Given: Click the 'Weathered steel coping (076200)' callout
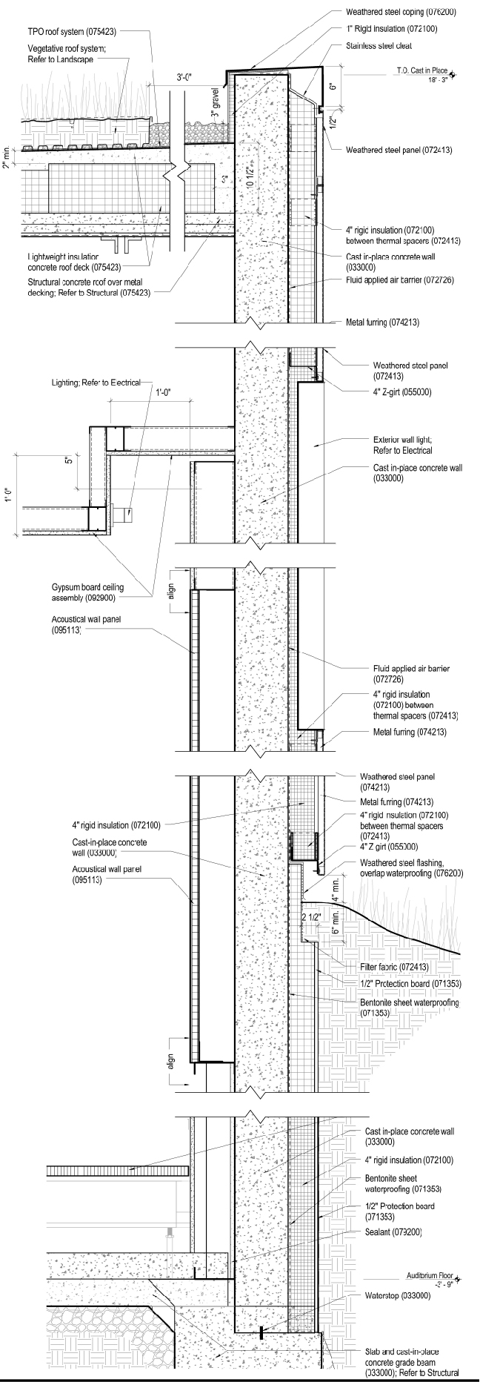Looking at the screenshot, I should tap(400, 12).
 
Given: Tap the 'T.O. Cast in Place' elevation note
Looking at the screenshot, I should tap(423, 71).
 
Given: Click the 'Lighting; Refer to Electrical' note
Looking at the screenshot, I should tap(95, 383).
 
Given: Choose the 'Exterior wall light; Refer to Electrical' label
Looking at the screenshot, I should tap(404, 445).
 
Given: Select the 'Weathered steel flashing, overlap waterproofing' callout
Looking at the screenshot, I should tap(410, 867).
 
